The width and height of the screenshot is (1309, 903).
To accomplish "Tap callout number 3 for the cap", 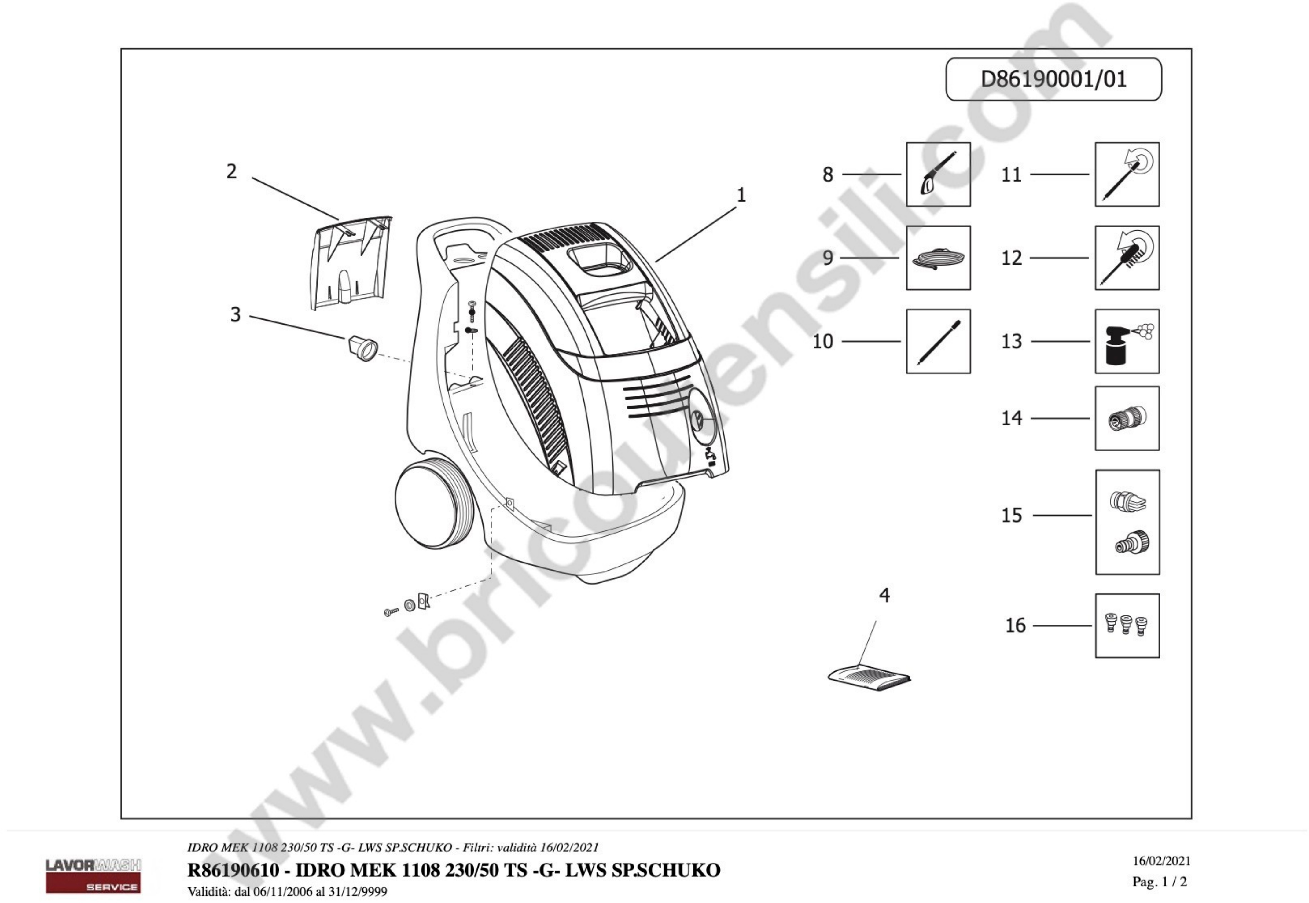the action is point(235,314).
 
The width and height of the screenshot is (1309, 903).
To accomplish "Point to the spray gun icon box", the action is point(938,174).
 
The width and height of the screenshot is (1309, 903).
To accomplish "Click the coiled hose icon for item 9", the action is point(938,258).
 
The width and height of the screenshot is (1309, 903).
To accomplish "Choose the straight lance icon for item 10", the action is point(938,341).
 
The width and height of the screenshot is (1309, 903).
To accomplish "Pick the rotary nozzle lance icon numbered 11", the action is point(1127,174).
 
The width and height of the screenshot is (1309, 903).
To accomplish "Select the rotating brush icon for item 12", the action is point(1127,258).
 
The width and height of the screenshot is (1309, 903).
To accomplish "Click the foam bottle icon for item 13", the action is point(1127,341).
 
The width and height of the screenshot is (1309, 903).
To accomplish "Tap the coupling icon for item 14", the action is point(1127,419).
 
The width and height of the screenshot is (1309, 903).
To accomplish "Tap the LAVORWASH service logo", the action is point(94,875).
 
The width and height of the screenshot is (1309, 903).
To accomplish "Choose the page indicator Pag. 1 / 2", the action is point(1160,882).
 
